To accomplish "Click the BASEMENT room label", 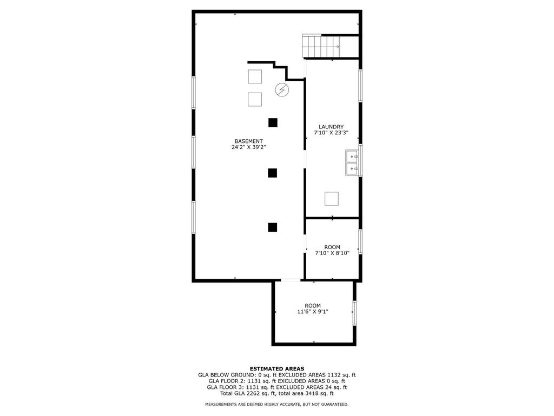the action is click(x=249, y=141).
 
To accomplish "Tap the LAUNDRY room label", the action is click(x=331, y=127).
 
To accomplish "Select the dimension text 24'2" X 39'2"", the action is click(x=249, y=147).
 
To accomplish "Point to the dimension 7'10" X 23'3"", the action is click(x=332, y=133).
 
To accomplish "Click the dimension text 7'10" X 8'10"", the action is click(x=332, y=253).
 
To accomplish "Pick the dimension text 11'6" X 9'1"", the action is click(x=313, y=311).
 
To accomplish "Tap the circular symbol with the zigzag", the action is click(x=282, y=90).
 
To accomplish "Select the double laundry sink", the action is click(x=352, y=162).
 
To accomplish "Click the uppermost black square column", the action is click(x=273, y=123).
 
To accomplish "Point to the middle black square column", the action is click(x=273, y=173).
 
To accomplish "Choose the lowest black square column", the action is click(x=273, y=227).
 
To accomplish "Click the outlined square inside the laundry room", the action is click(x=332, y=198).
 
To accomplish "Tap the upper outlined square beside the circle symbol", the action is click(x=255, y=77).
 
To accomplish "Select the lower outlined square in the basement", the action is click(x=255, y=100).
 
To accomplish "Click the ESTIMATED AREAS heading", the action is click(x=277, y=368).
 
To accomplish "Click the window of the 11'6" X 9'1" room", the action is click(x=354, y=313).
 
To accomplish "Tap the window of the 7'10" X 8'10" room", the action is click(x=360, y=242).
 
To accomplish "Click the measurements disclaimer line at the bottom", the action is click(x=277, y=404).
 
